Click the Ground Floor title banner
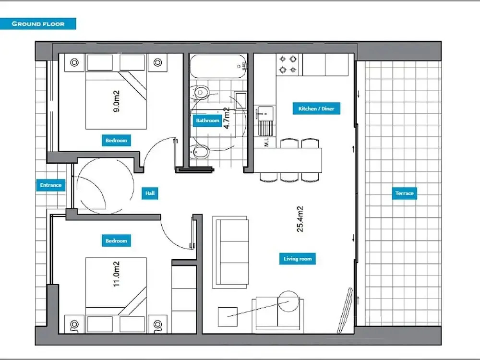point(38,24)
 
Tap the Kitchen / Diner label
point(316,108)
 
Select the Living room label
point(297,259)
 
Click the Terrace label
point(404,193)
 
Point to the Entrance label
point(51,185)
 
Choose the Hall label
point(150,193)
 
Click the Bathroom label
point(207,120)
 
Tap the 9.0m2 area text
point(116,101)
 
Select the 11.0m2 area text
point(116,274)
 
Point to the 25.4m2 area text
point(300,219)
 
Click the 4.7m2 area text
point(227,118)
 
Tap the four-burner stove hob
point(288,65)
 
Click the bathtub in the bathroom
point(218,66)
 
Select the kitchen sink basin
point(265,113)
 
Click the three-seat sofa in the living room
point(230,252)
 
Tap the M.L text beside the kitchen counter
point(266,142)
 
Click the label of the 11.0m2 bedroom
point(116,240)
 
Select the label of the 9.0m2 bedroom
point(116,140)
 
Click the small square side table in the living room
point(228,317)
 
